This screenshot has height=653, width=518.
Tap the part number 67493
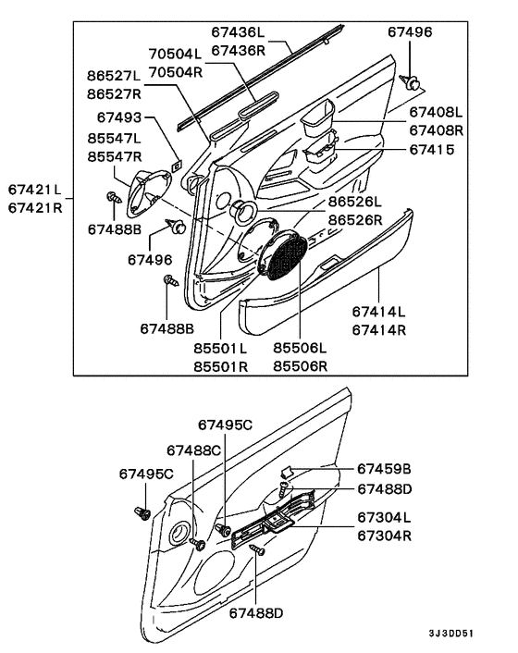(x=122, y=117)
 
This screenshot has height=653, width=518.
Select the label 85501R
(x=220, y=365)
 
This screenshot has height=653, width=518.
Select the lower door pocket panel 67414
(x=324, y=296)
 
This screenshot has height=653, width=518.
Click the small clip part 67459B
(x=288, y=471)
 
